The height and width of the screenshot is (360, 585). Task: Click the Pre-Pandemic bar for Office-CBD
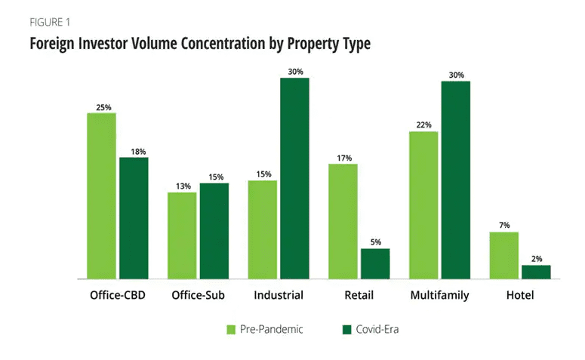pos(101,196)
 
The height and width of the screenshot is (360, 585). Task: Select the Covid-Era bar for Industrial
pos(294,179)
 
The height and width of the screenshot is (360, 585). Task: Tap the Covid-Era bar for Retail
pos(375,263)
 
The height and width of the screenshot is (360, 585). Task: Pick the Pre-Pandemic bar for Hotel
pos(503,255)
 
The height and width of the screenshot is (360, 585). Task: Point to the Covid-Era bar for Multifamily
pos(455,180)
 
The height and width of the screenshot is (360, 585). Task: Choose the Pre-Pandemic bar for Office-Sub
pos(182,235)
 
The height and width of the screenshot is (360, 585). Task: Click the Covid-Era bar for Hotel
pos(536,272)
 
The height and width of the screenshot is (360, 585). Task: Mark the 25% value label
pos(103,107)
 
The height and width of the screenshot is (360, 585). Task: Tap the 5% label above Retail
pos(375,243)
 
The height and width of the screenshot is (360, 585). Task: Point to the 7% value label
pos(503,226)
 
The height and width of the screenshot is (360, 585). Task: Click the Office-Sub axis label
pos(199,295)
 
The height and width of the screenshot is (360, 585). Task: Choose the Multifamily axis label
pos(439,295)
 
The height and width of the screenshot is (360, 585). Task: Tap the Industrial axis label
pos(279,295)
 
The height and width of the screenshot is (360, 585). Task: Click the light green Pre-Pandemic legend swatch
pos(232,330)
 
